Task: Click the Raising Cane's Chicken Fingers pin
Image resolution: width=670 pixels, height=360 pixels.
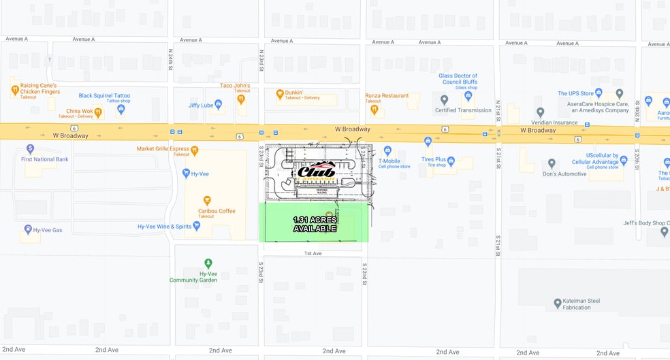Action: [14, 89]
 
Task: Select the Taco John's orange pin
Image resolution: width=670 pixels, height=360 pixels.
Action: [240, 99]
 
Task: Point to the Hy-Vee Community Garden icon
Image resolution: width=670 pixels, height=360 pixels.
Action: [208, 263]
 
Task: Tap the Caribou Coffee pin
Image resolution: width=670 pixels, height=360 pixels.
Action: [208, 200]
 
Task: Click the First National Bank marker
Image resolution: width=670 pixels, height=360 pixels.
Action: [30, 148]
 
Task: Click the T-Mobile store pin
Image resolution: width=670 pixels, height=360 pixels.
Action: [388, 150]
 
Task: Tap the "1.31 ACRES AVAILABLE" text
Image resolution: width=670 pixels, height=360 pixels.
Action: [315, 224]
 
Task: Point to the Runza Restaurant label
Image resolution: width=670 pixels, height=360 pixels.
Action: [387, 96]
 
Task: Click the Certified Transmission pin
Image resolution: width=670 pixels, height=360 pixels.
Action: [444, 100]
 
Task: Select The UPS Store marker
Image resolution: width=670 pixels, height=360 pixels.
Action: [619, 93]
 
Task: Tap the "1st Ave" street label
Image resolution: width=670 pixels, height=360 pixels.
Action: [313, 253]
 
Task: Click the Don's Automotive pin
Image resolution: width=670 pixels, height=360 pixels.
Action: [552, 163]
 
